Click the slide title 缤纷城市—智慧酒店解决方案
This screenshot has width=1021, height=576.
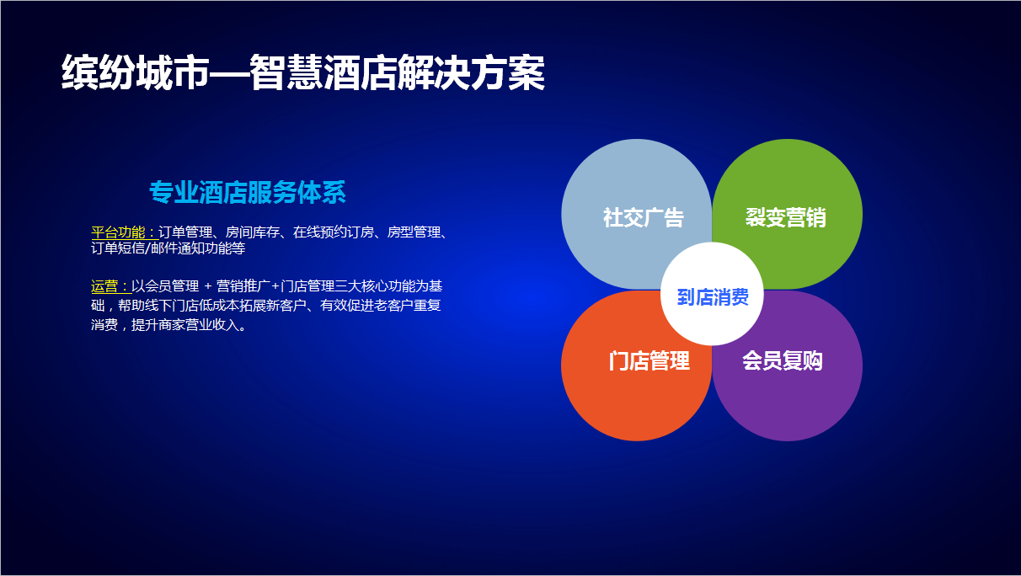pos(303,72)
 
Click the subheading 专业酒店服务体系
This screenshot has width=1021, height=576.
pos(248,192)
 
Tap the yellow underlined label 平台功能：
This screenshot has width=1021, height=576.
pos(125,232)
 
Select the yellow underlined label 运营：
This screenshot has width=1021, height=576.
pos(111,286)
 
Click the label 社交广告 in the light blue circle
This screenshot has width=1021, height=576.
pos(643,217)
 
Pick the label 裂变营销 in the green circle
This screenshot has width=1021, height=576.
pos(786,217)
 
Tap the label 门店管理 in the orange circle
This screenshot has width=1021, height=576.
pos(649,360)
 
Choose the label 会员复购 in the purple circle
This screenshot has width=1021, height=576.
pos(783,360)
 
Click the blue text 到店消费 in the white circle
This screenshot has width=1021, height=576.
pos(713,297)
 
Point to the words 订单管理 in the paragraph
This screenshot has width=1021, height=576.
pos(185,232)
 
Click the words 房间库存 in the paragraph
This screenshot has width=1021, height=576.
pos(253,232)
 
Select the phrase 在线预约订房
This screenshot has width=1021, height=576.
pos(334,232)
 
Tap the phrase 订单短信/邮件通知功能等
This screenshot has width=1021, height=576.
pos(168,248)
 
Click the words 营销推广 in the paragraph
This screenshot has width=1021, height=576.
pos(243,286)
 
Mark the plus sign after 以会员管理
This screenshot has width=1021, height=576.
pos(208,286)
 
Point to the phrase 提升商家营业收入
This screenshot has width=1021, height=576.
pos(185,325)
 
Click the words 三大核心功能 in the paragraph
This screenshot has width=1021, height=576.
pos(375,286)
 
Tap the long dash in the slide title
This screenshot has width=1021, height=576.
pos(229,73)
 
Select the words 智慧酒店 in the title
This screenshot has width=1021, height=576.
pos(323,72)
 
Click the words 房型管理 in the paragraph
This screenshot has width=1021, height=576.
pos(414,232)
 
